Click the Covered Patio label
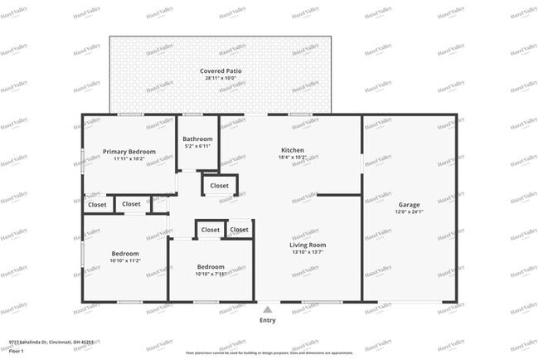tap(220, 71)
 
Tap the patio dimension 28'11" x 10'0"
tap(220, 78)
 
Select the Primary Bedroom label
tap(129, 151)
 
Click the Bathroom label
tap(197, 139)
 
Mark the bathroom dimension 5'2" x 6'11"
tap(197, 145)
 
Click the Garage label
tap(410, 204)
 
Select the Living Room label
tap(307, 245)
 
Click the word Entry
tap(267, 319)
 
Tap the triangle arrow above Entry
tap(267, 309)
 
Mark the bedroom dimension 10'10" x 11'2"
tap(125, 260)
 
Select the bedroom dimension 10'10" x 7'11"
tap(210, 274)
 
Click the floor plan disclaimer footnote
tap(269, 352)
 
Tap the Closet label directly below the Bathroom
tap(220, 186)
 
